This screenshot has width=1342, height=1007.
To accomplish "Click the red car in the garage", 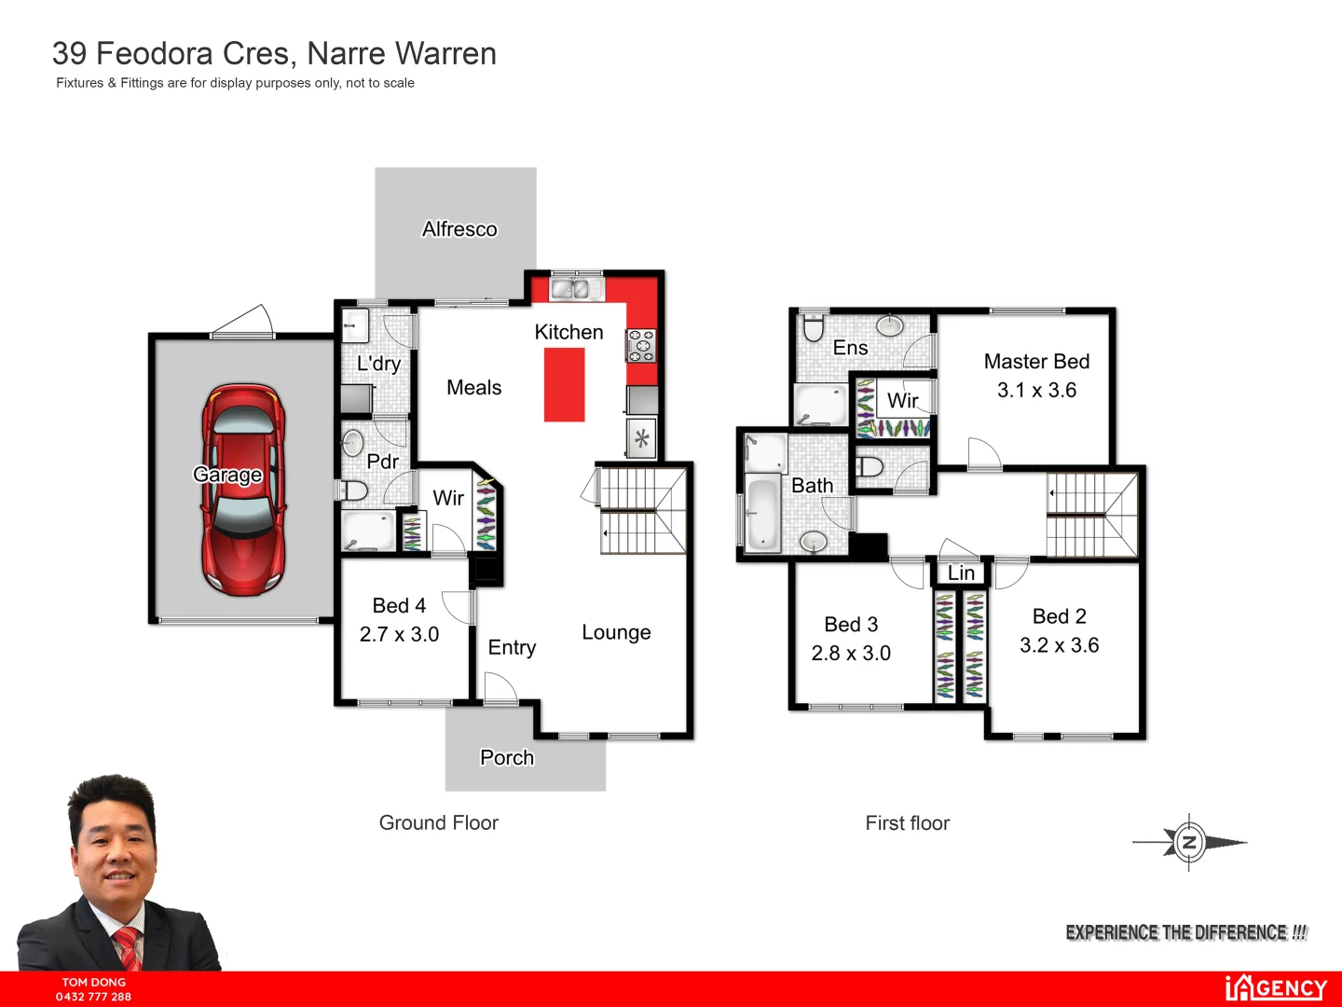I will click(243, 490).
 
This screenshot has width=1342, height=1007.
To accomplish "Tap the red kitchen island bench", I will click(565, 384).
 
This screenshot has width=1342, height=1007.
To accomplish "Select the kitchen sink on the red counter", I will click(576, 289).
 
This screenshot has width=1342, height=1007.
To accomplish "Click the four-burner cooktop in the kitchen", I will click(641, 345).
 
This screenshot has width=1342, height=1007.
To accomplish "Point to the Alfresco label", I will click(459, 229).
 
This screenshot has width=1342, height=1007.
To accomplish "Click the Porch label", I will click(507, 757).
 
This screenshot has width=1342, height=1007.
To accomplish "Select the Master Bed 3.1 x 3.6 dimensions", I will click(1036, 391).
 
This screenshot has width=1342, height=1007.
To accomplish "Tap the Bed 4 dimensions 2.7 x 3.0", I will click(399, 635).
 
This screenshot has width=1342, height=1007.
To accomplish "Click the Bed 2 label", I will click(1059, 616).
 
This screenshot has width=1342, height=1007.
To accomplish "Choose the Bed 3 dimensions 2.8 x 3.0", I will click(851, 654).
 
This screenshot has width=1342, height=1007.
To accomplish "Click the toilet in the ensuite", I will click(814, 328).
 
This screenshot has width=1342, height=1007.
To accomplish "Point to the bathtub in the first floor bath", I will click(762, 511).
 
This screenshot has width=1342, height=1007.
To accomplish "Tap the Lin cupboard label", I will click(961, 573).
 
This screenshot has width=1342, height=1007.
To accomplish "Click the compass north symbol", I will click(1189, 843).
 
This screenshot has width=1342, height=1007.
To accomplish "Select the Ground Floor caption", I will click(438, 823).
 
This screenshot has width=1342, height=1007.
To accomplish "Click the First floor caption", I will click(907, 823).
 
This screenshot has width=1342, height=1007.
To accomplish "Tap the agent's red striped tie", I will click(128, 948).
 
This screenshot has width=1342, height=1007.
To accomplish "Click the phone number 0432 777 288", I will click(93, 997).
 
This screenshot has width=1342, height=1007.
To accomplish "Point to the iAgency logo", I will click(1275, 987).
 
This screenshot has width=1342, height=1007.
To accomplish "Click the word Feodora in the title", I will click(197, 54).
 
